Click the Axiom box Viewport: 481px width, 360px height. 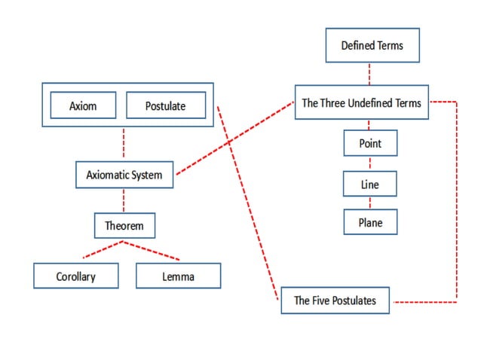coord(83,106)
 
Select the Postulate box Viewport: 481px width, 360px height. coord(165,106)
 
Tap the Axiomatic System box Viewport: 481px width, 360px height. coord(124,175)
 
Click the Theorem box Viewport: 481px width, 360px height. coord(124,224)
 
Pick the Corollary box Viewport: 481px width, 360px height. coord(76,276)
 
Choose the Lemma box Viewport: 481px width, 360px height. coord(178,276)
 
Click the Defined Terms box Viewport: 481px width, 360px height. coord(372,45)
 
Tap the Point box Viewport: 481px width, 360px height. coord(370,143)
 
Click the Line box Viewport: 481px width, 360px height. coord(370,183)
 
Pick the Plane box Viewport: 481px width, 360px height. coord(370,222)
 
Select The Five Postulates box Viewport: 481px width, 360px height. coord(334,301)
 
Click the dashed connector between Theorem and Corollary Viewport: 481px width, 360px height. coord(103,250)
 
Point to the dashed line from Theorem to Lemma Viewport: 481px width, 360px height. coord(152,250)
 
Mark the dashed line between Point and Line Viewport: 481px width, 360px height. coord(370,163)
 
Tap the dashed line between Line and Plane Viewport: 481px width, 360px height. coord(370,203)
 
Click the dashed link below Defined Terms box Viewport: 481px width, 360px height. coord(370,74)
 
